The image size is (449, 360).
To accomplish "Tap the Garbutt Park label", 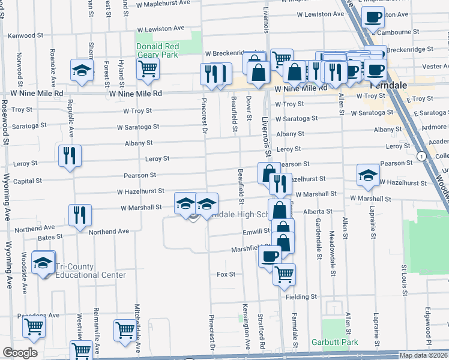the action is [334, 343].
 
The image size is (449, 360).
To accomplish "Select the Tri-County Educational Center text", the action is [91, 271].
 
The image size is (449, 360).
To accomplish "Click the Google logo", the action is [20, 353].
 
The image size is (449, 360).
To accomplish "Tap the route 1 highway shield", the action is [423, 157].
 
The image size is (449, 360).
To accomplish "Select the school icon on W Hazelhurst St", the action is [368, 175].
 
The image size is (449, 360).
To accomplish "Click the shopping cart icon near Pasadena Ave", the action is [34, 327].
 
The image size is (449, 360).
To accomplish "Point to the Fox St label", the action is [226, 274].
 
